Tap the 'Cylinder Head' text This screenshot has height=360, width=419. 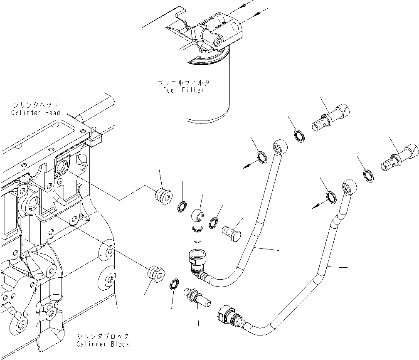36,113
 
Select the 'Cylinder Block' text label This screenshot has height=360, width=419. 103,344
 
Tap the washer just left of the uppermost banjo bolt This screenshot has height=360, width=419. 298,135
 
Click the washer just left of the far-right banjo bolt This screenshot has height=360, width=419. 368,175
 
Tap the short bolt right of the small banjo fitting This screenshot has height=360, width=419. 232,231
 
